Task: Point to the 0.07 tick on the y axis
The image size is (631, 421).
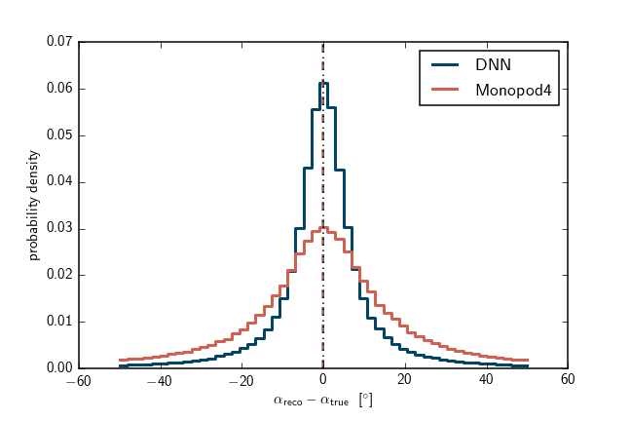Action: [59, 42]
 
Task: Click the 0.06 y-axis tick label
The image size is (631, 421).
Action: [59, 89]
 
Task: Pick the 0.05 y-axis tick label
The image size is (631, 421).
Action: [59, 135]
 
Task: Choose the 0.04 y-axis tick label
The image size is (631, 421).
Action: [59, 182]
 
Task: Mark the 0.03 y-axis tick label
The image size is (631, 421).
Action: [59, 229]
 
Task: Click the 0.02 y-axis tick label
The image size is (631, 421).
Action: [59, 275]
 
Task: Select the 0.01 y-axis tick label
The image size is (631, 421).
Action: [59, 322]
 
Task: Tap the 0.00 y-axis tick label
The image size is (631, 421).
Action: [59, 368]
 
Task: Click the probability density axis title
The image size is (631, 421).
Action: [34, 206]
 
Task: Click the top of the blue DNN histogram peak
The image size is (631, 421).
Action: [322, 83]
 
